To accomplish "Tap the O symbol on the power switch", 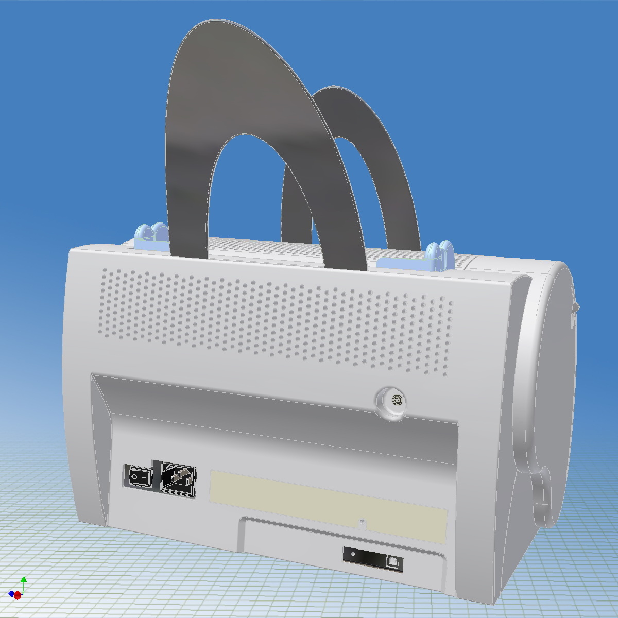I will coord(135,477).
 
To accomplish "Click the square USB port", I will coord(394,561).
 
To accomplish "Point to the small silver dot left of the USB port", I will coord(353,554).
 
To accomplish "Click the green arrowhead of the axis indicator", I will coord(24,579).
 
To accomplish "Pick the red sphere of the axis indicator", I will coord(18,595).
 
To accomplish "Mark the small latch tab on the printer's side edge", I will coord(574,309).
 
